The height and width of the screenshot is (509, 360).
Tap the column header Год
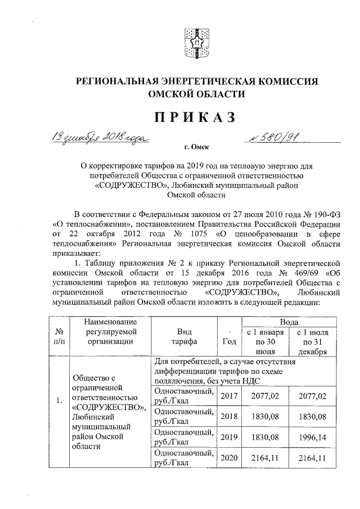[229, 341]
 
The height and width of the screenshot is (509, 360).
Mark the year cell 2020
[229, 458]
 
